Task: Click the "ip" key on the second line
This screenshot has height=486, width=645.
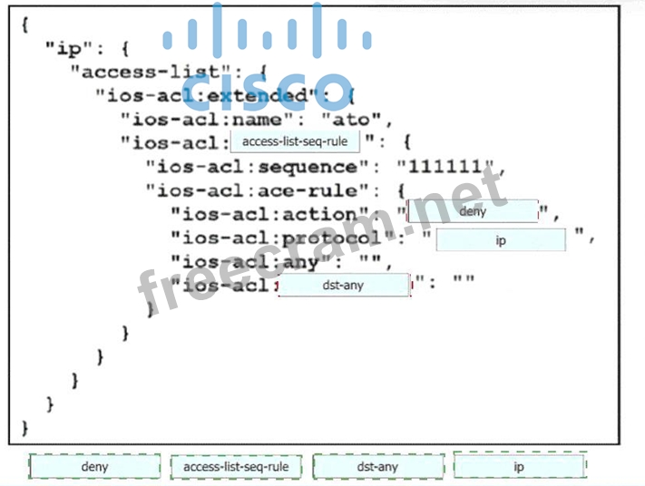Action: [68, 49]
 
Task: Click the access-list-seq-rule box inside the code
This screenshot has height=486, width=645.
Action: [295, 141]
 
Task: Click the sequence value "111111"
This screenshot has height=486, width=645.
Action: [448, 167]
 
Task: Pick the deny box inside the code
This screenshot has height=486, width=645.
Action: [473, 212]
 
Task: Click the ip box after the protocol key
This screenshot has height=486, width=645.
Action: [501, 240]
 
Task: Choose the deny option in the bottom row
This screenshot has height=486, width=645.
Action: [94, 467]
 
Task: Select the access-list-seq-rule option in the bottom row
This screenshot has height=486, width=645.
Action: [236, 467]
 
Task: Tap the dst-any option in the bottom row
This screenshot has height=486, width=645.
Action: [377, 467]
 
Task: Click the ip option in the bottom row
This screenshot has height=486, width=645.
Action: [520, 467]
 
